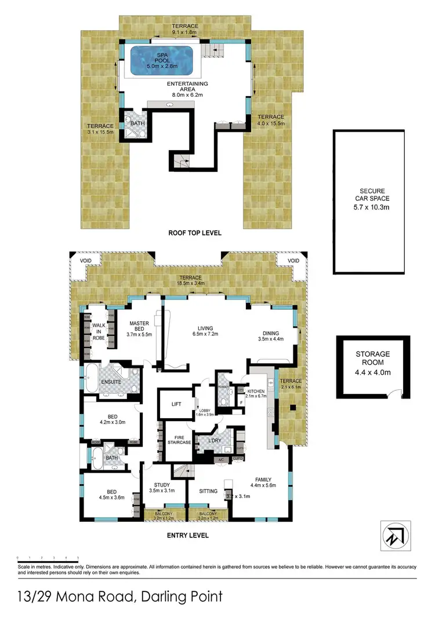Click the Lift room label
[177, 405]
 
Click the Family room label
[261, 479]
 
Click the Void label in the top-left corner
[81, 261]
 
